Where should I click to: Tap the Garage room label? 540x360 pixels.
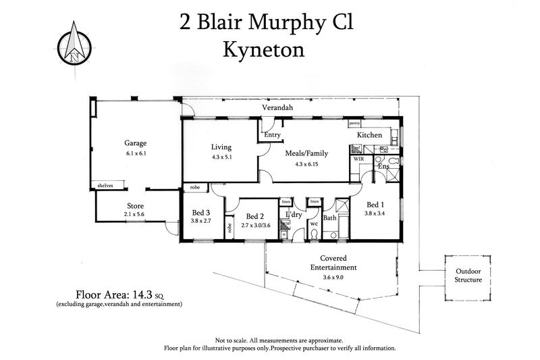tap(135, 143)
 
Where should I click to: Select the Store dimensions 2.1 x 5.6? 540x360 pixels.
tap(135, 213)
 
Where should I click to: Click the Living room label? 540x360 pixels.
tap(221, 147)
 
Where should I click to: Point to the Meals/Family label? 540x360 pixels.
tap(306, 153)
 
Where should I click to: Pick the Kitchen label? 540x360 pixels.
tap(369, 135)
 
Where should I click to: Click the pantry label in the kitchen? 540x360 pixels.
tap(354, 124)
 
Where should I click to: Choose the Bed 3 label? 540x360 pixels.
tap(201, 212)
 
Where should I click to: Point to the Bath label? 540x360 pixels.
tap(330, 217)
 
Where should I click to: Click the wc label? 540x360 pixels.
tap(313, 224)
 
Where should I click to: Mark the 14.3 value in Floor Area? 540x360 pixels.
tap(141, 294)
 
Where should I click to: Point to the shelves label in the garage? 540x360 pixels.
tap(105, 185)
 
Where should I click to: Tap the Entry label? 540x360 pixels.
tap(272, 135)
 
